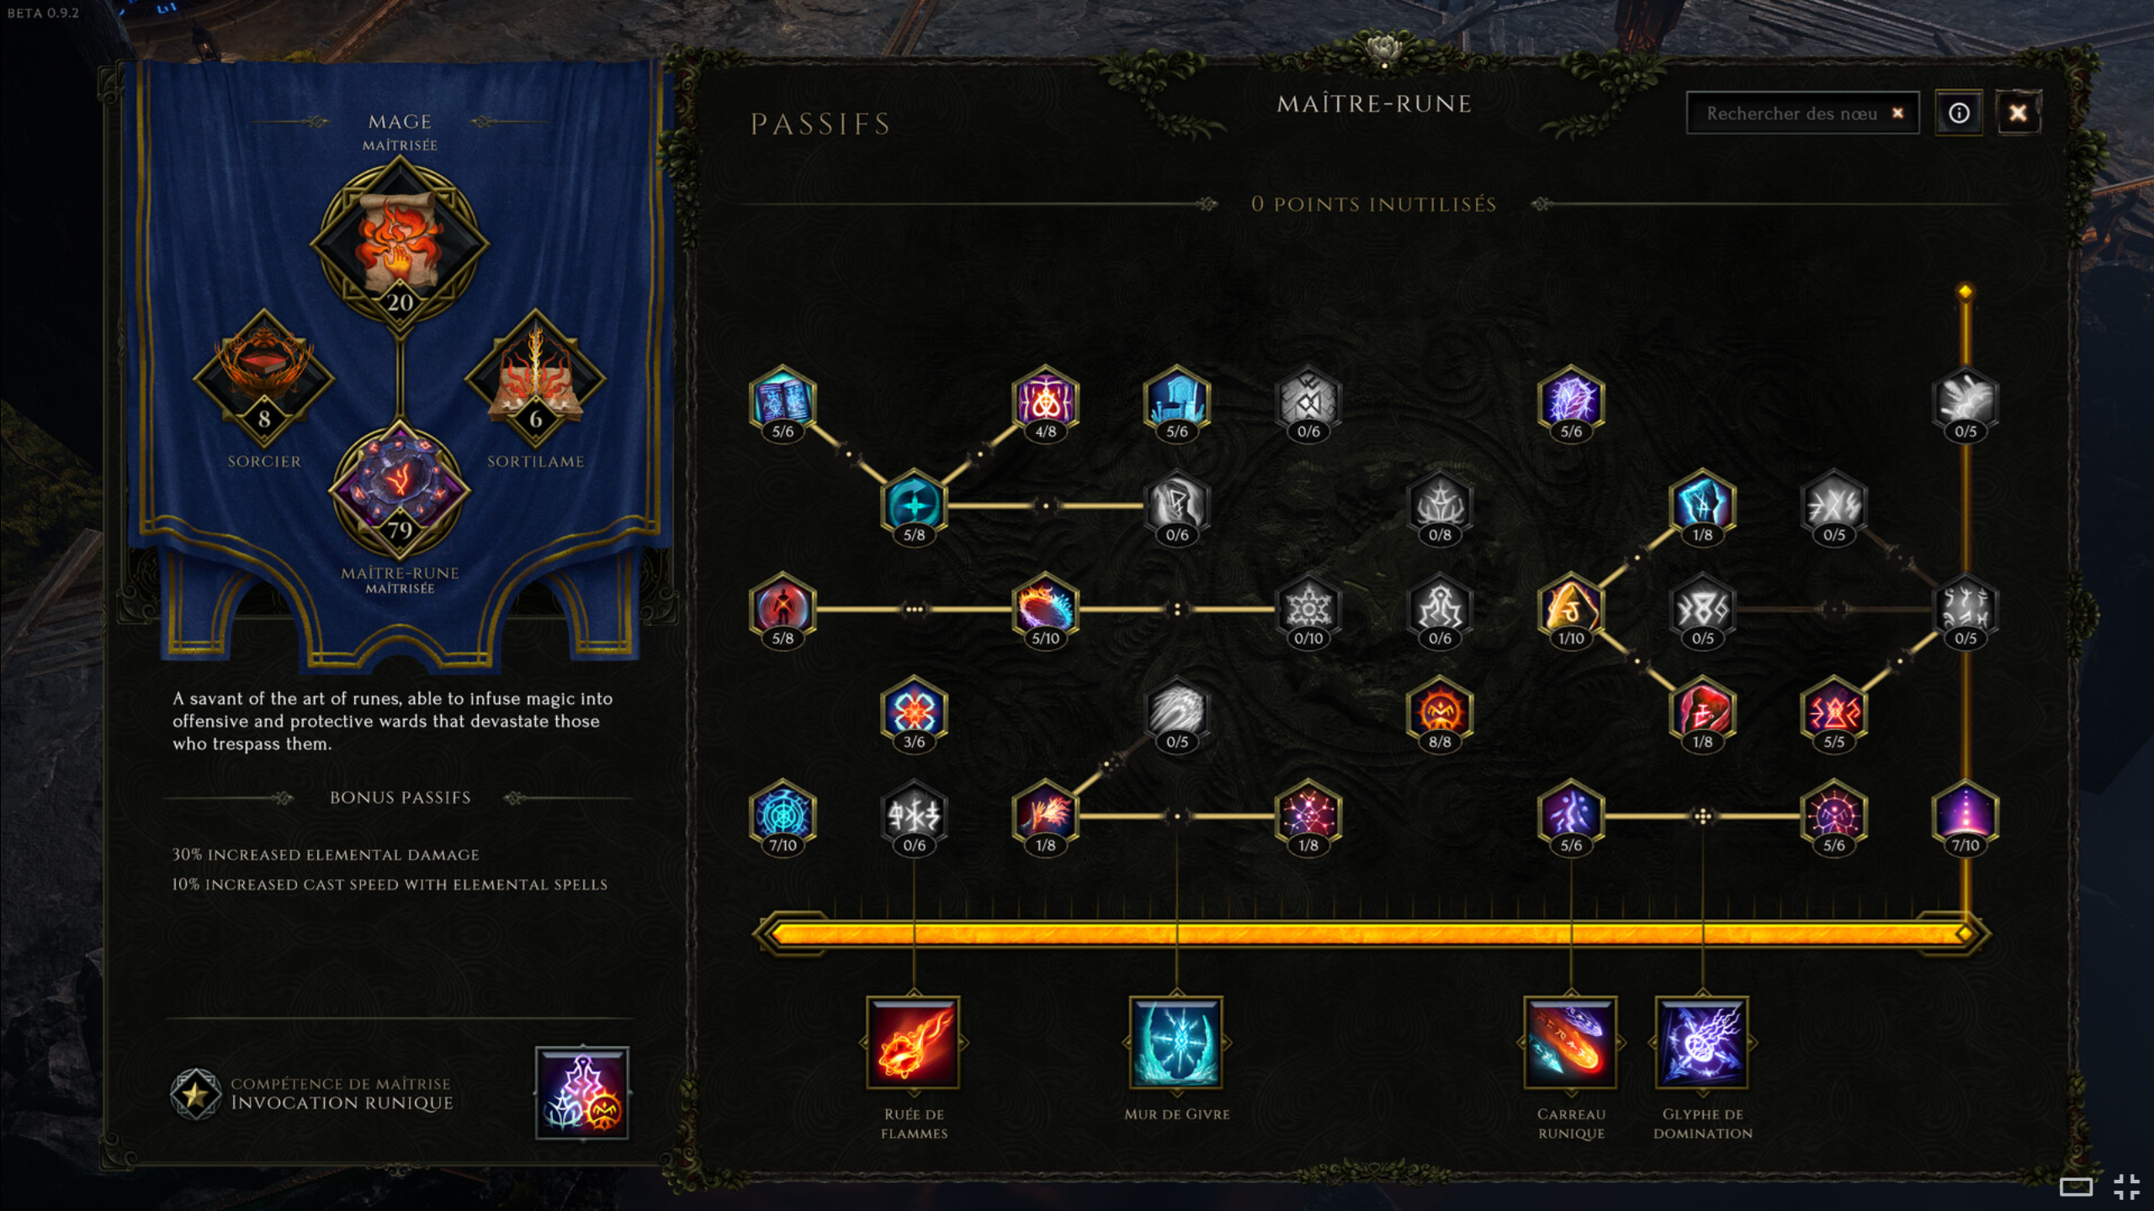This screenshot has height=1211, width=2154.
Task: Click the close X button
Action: pyautogui.click(x=2018, y=113)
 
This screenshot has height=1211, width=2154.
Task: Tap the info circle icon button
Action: pyautogui.click(x=1959, y=113)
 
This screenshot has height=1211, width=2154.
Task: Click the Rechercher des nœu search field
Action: pyautogui.click(x=1802, y=113)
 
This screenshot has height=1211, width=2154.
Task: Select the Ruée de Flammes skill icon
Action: pyautogui.click(x=914, y=1043)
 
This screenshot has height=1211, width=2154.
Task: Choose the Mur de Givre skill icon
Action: pyautogui.click(x=1176, y=1043)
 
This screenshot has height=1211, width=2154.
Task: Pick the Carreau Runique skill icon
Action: pyautogui.click(x=1571, y=1043)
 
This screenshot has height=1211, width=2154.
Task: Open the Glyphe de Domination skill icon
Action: pyautogui.click(x=1702, y=1043)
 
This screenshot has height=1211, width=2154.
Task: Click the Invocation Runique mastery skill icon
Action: pyautogui.click(x=582, y=1093)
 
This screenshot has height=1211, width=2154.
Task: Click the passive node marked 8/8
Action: pyautogui.click(x=1440, y=715)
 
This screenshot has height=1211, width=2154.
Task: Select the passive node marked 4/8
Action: pyautogui.click(x=1045, y=405)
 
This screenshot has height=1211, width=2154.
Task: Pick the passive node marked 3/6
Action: pyautogui.click(x=914, y=715)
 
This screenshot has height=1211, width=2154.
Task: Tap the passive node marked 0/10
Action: pyautogui.click(x=1308, y=611)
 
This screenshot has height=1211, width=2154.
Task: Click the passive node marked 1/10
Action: pyautogui.click(x=1571, y=611)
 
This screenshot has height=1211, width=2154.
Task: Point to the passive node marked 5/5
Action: pyautogui.click(x=1833, y=715)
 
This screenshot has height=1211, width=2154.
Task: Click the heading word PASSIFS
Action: pyautogui.click(x=820, y=124)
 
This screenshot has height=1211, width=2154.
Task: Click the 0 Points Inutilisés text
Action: pyautogui.click(x=1374, y=204)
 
